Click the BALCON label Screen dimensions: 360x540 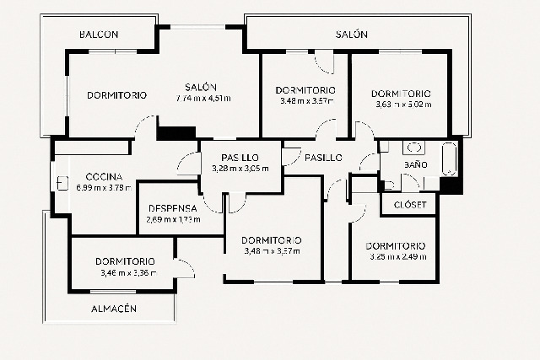(99, 35)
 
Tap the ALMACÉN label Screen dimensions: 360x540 (113, 309)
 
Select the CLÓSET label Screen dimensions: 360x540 (410, 205)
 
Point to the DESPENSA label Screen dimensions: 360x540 (172, 208)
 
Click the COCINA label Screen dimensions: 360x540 (105, 176)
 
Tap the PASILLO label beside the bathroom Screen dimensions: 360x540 (323, 158)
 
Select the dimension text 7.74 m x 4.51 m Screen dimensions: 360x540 (203, 98)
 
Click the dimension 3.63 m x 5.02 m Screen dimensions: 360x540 (402, 105)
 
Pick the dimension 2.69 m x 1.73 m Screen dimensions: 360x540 (172, 219)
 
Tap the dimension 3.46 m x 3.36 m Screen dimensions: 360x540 (124, 272)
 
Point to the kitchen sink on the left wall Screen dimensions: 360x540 (62, 180)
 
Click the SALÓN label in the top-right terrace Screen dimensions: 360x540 (351, 35)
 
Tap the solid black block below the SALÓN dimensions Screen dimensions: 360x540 (176, 133)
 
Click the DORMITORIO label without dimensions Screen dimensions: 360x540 (116, 95)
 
